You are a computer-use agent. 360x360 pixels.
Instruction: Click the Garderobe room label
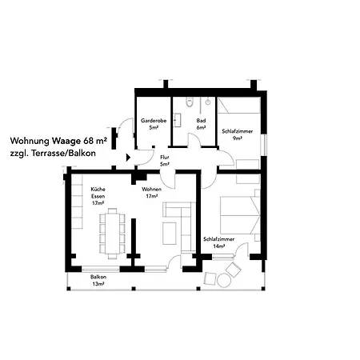pyautogui.click(x=154, y=121)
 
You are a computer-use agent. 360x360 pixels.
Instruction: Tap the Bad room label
pyautogui.click(x=201, y=121)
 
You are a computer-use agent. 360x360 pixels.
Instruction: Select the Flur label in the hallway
pyautogui.click(x=165, y=158)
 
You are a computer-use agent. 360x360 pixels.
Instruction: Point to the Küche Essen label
pyautogui.click(x=98, y=193)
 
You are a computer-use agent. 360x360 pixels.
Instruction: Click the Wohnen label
pyautogui.click(x=151, y=190)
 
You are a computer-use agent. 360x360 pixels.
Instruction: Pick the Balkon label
pyautogui.click(x=98, y=277)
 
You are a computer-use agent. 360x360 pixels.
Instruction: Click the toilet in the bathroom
pyautogui.click(x=190, y=102)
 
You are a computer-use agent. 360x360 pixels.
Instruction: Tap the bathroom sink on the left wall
pyautogui.click(x=178, y=120)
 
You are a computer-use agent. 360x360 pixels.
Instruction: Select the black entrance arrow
pyautogui.click(x=128, y=158)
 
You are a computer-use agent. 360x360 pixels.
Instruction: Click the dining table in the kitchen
pyautogui.click(x=112, y=234)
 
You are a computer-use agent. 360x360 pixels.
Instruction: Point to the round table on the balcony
pyautogui.click(x=223, y=281)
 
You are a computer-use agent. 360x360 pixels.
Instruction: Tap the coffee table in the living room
pyautogui.click(x=170, y=234)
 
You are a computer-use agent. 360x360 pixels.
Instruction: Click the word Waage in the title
pyautogui.click(x=66, y=141)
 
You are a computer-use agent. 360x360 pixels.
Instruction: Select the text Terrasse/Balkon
pyautogui.click(x=63, y=154)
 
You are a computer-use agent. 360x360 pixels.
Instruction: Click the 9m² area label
pyautogui.click(x=238, y=138)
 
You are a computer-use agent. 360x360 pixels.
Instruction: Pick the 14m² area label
pyautogui.click(x=218, y=246)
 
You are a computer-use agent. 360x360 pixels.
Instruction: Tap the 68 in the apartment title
pyautogui.click(x=89, y=141)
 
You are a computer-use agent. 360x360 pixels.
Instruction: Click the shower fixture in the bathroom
pyautogui.click(x=208, y=102)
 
